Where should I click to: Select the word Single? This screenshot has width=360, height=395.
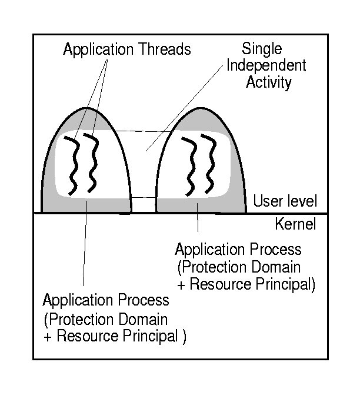coord(261,49)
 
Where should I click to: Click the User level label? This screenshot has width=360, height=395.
coord(285,201)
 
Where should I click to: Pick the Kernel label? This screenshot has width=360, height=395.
coord(295,224)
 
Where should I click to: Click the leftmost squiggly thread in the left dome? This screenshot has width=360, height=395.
coord(71,165)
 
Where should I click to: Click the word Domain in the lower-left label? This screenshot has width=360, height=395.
coord(145,320)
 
